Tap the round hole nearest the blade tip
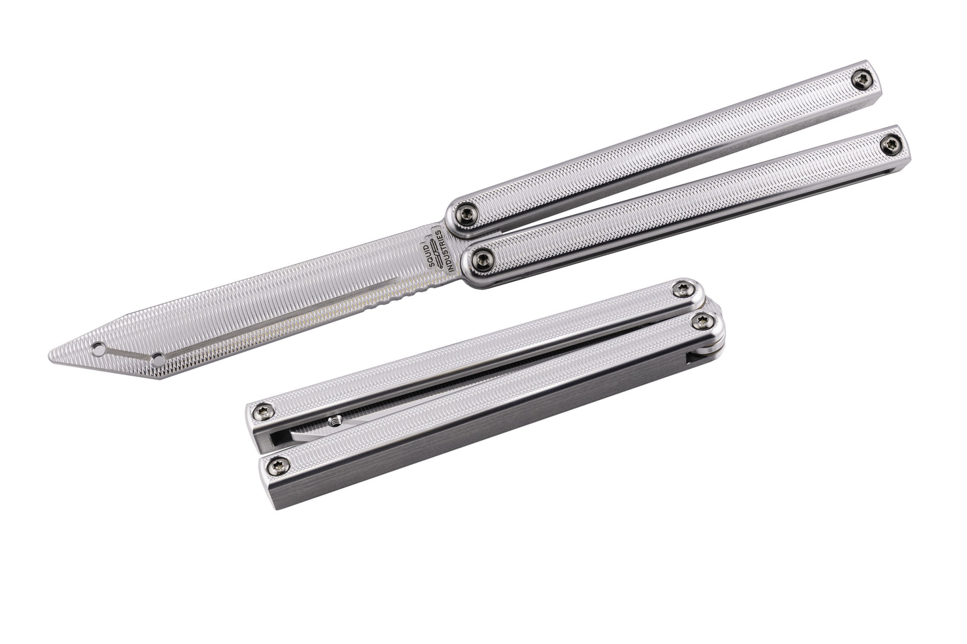click(98, 348)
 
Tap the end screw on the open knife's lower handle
click(891, 141)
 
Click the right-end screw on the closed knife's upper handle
click(682, 288)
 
